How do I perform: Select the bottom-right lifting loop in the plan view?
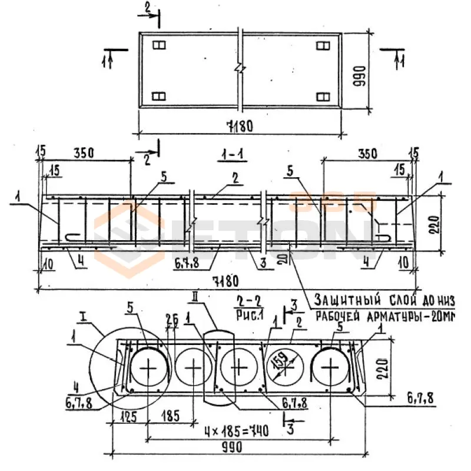click(322, 97)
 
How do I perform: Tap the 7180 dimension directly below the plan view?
click(240, 126)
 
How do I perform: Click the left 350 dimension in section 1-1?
click(84, 152)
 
